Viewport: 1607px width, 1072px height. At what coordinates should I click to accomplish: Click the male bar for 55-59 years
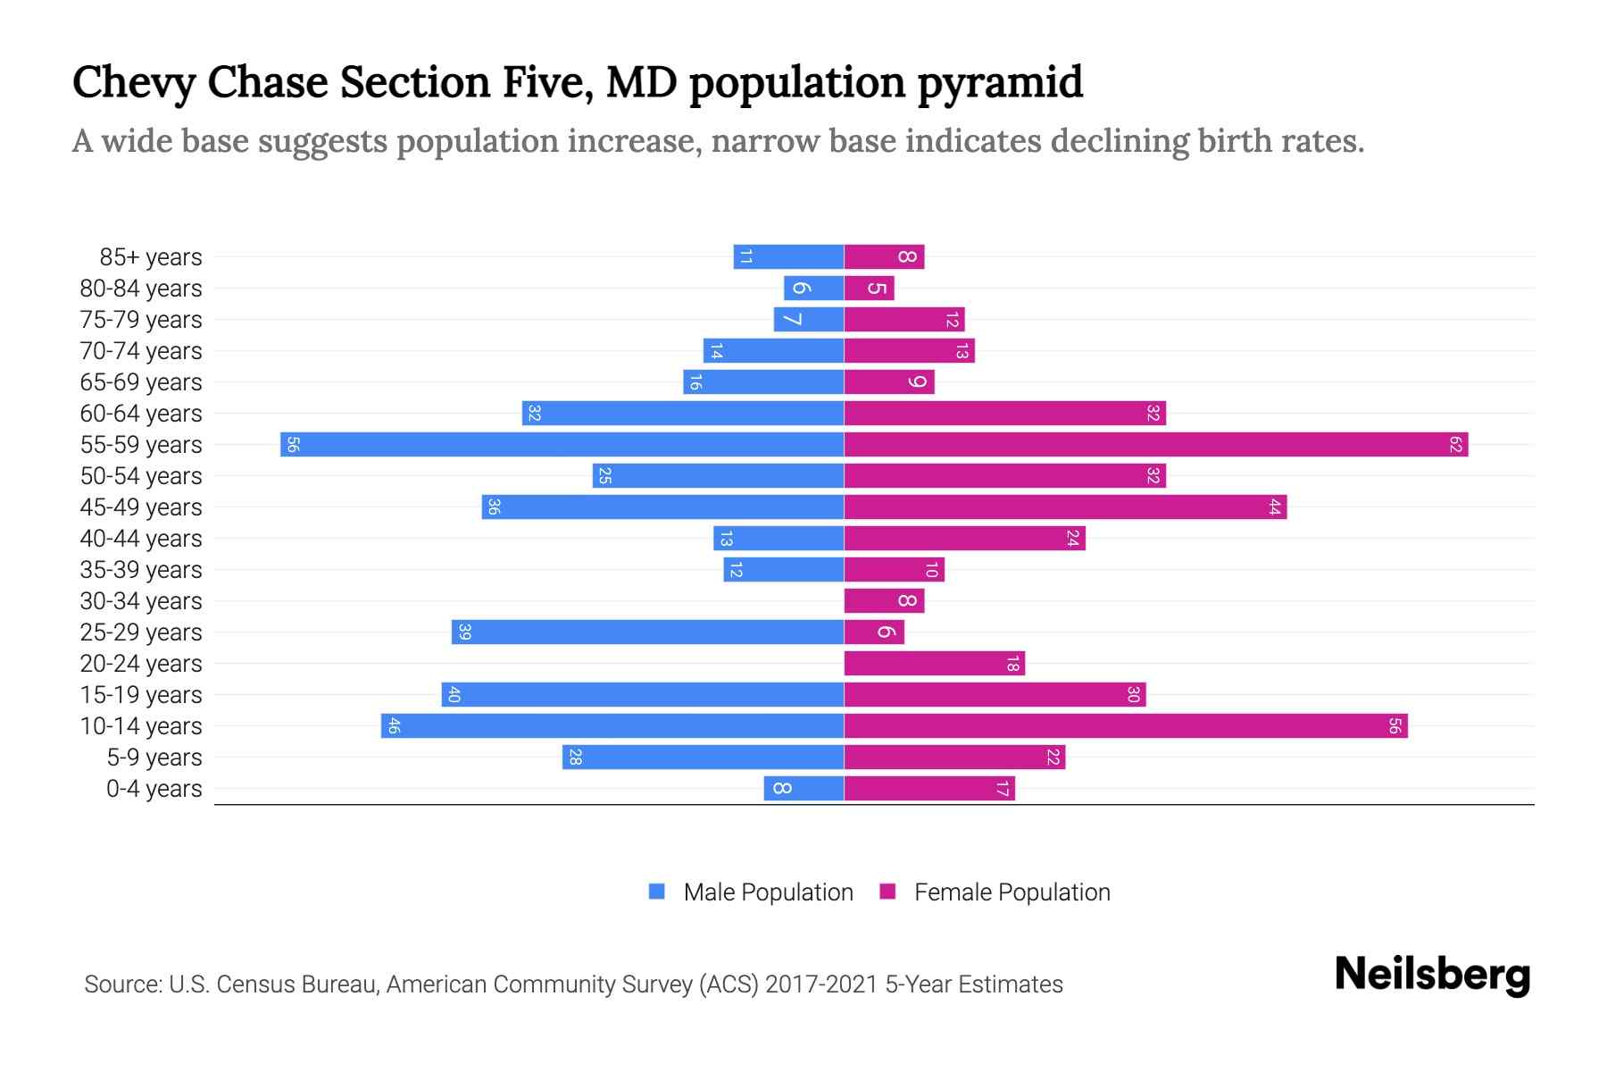point(562,444)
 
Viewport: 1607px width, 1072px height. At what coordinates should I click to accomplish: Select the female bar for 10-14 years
point(1125,725)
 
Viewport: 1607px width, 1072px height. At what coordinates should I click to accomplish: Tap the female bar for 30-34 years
point(884,600)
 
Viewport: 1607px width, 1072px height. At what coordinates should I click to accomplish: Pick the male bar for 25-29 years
point(647,632)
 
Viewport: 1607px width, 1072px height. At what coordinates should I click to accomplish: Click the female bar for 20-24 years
point(934,663)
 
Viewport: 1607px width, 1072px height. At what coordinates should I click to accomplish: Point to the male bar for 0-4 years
point(803,788)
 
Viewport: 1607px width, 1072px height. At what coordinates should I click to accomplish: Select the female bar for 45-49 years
point(1065,507)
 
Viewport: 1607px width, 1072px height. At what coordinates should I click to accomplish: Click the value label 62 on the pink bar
point(1455,444)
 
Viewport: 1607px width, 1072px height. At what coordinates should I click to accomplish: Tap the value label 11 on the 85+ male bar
point(746,257)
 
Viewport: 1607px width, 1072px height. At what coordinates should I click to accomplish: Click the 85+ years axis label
point(151,257)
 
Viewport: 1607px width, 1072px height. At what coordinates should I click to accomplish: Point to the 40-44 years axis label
point(141,539)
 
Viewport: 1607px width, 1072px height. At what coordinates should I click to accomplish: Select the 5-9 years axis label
point(154,758)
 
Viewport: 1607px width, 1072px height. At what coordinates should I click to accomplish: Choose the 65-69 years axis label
point(141,382)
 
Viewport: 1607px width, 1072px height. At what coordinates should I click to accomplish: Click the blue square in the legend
point(657,892)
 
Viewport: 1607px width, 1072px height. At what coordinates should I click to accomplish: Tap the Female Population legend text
point(1012,892)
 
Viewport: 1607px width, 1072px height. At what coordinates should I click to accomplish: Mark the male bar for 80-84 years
point(813,288)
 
